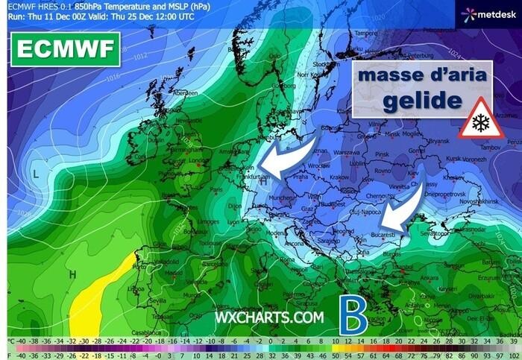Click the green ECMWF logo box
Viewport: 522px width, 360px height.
pos(64,50)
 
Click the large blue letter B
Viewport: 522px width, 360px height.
pos(353,317)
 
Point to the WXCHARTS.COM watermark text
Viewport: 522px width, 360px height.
pos(269,318)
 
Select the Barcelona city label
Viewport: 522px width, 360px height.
pos(215,262)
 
